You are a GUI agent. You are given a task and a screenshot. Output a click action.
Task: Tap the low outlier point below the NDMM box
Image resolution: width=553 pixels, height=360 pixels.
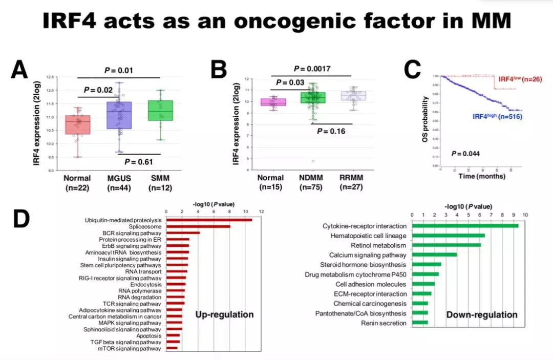point(312,161)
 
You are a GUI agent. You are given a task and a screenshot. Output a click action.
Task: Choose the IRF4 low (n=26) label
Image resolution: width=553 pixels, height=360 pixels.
point(519,79)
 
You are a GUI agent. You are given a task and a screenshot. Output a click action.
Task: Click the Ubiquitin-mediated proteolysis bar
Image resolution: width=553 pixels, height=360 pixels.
point(209,220)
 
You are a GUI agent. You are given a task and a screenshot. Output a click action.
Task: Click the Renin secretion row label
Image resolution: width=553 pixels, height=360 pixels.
point(384,323)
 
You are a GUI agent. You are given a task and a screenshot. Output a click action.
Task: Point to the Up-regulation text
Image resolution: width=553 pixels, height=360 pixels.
point(224,314)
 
